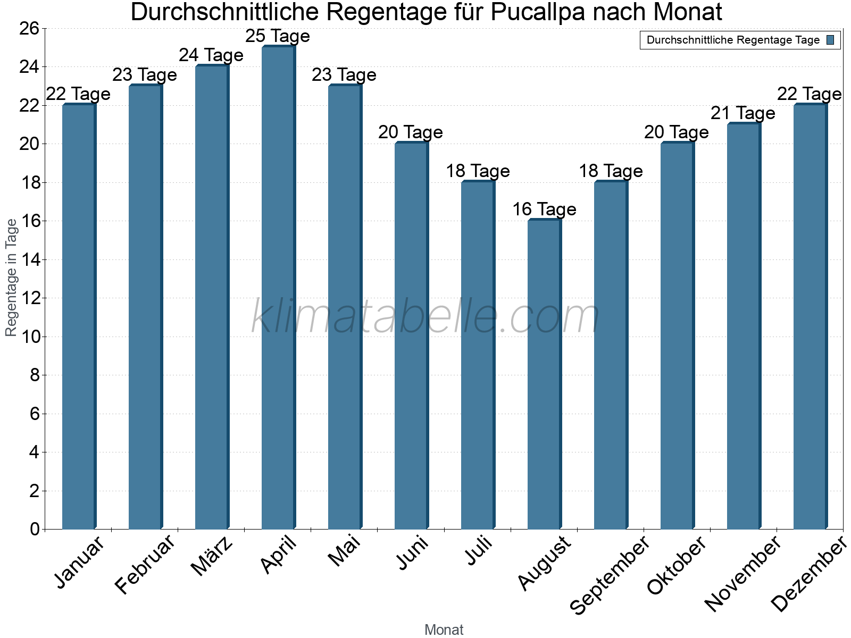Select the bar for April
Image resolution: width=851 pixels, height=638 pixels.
(278, 287)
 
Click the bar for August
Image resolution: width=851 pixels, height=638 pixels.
(544, 374)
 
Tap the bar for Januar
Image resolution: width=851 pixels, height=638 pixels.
(79, 316)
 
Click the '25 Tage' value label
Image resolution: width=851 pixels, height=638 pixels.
(278, 36)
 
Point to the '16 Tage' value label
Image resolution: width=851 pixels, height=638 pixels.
(544, 209)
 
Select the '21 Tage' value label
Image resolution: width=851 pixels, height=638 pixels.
(743, 113)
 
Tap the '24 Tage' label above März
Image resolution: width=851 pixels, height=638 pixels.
(211, 55)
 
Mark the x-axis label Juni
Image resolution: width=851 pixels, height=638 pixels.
(413, 553)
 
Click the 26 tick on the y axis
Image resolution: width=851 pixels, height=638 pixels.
(29, 28)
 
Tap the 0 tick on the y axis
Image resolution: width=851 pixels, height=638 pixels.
(35, 529)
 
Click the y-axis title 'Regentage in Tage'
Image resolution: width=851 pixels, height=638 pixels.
(12, 278)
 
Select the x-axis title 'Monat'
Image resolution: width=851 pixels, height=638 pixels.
(444, 630)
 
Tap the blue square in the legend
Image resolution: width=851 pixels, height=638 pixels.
(830, 40)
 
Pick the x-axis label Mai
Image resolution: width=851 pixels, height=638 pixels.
(345, 551)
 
